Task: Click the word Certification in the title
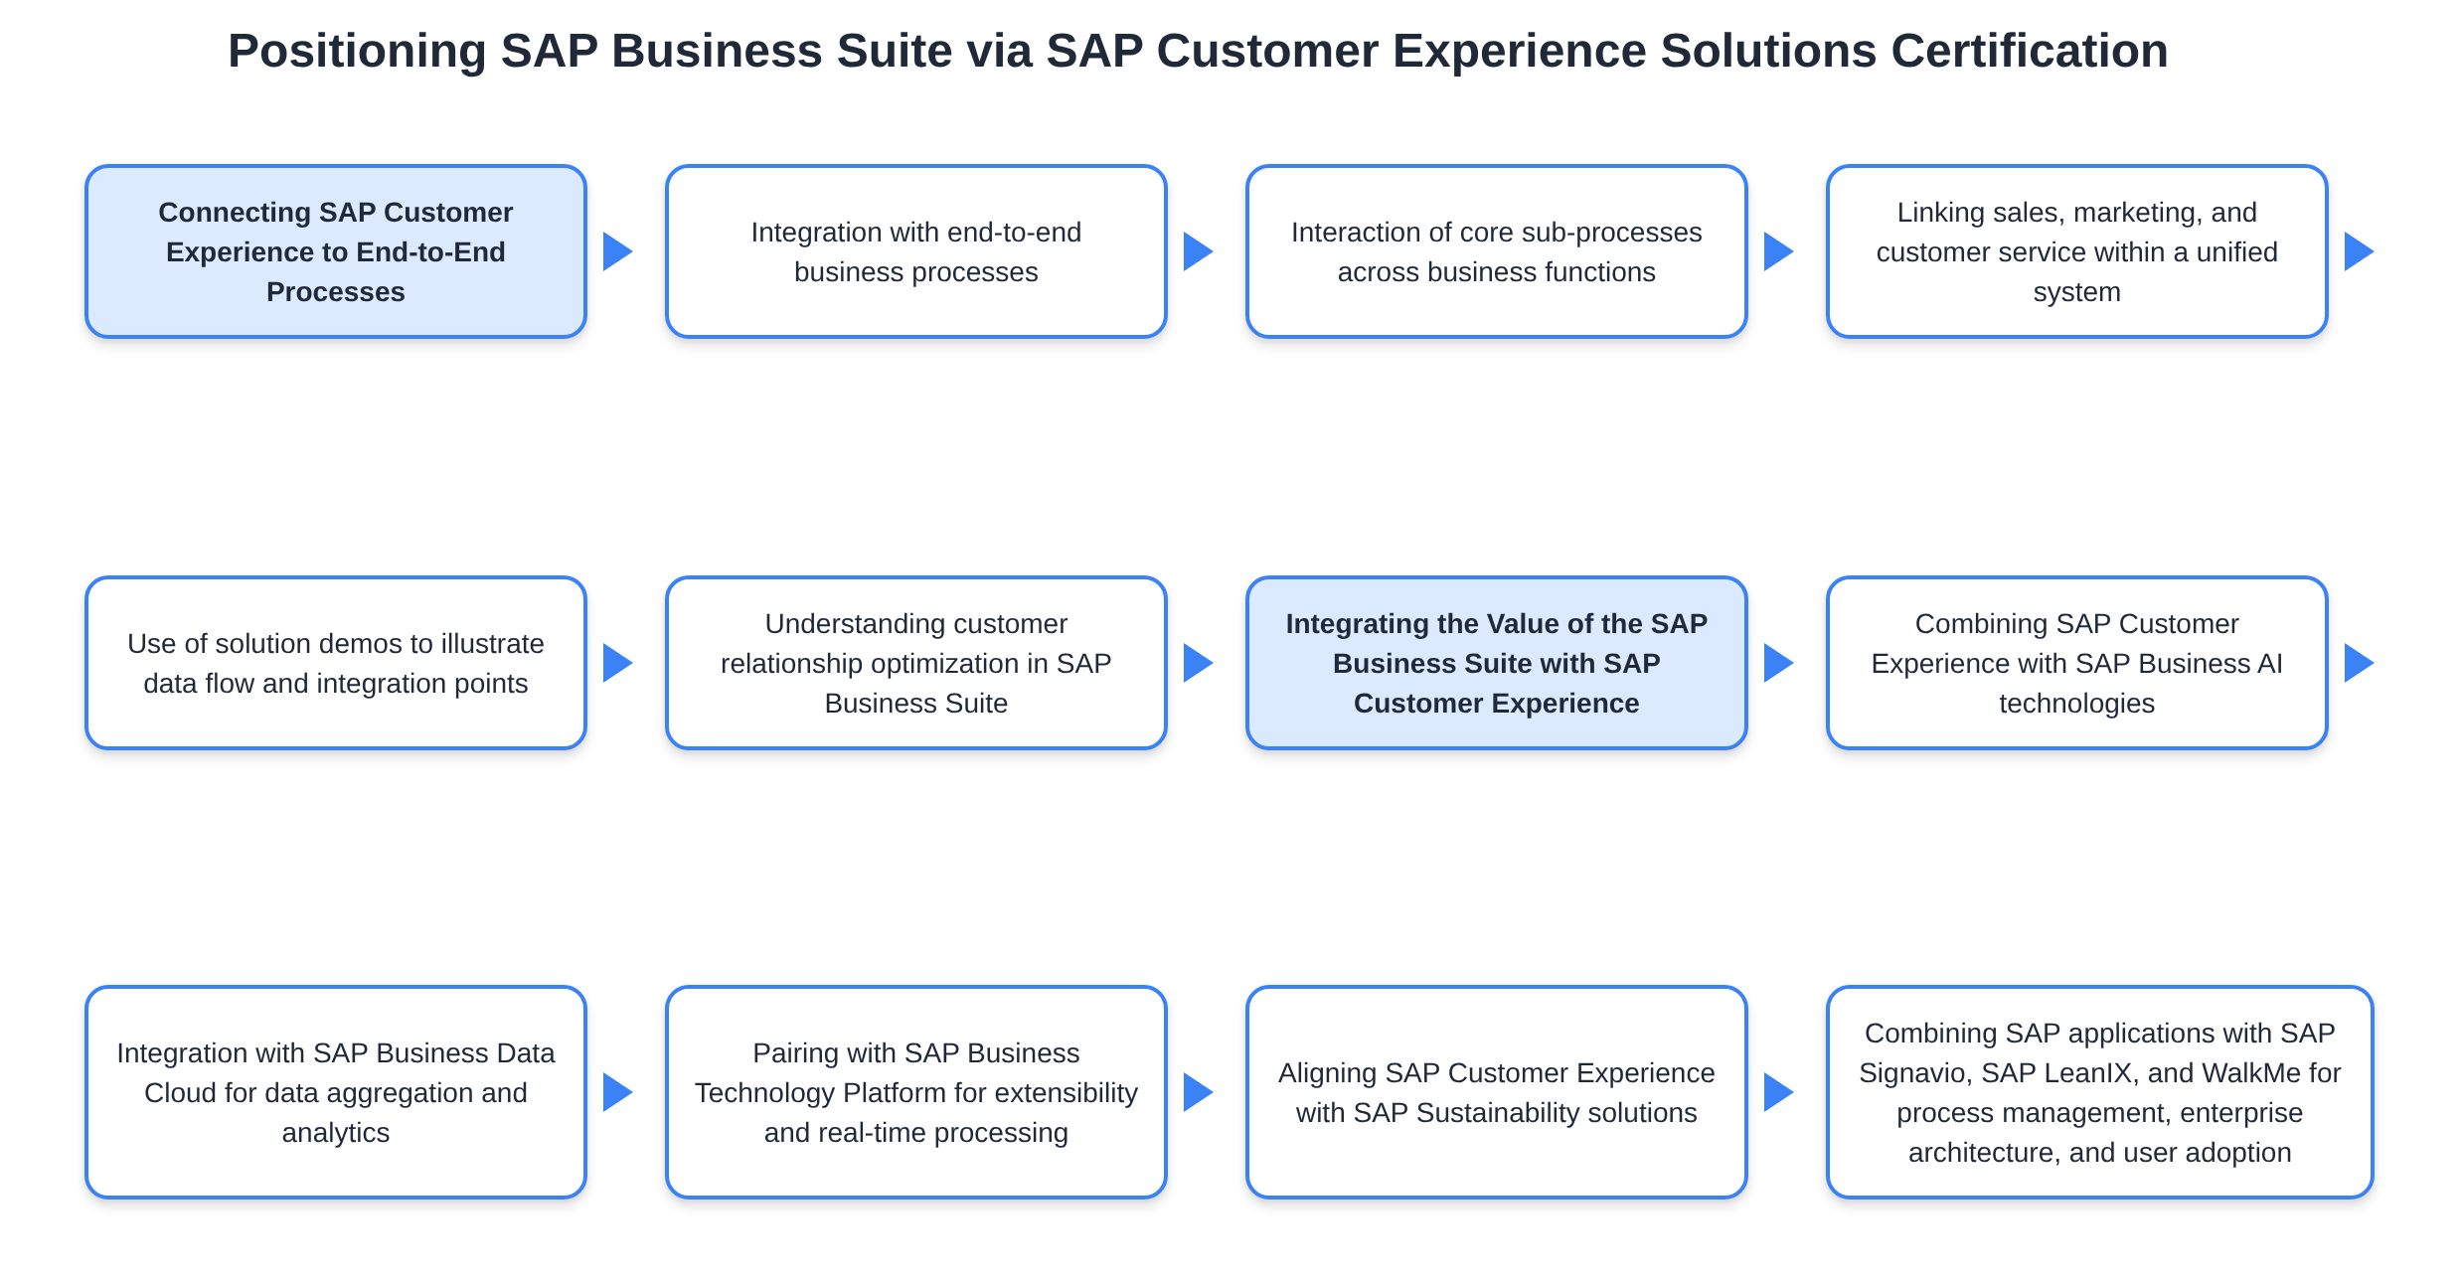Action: [2029, 51]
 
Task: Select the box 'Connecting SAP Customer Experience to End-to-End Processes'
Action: [336, 251]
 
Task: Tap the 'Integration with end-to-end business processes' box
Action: [915, 251]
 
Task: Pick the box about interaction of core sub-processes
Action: [1496, 251]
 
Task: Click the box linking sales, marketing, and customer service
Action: [2076, 251]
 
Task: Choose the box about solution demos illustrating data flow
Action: [336, 663]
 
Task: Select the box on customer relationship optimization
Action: [915, 663]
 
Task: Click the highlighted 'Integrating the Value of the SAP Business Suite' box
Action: [1496, 663]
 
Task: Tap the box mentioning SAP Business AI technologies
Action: [2076, 663]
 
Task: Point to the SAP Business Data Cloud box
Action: [336, 1092]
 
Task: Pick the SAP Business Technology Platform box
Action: [915, 1092]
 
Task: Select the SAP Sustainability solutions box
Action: [1496, 1092]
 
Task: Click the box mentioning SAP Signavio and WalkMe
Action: [2099, 1092]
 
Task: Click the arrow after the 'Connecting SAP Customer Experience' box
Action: [617, 251]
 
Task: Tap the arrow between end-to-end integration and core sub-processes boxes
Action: [1198, 251]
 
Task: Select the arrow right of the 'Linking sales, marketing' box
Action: [2359, 251]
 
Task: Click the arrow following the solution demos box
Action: [617, 663]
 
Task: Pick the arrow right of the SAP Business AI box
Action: [2359, 663]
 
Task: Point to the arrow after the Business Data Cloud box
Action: [617, 1092]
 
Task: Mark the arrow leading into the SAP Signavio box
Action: [1778, 1092]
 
